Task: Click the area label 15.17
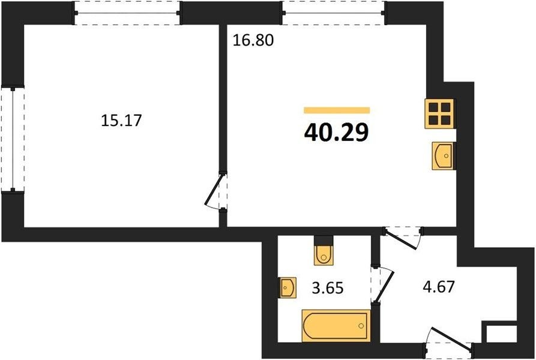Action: pos(121,120)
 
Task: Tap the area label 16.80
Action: pos(253,40)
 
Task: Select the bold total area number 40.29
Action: pos(336,132)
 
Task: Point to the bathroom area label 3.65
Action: pos(328,287)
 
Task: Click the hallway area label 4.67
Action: pos(439,287)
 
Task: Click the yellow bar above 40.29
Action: pos(337,110)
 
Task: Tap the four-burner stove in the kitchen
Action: pos(439,114)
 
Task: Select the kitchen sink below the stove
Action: pos(444,156)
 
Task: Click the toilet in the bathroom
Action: pos(323,251)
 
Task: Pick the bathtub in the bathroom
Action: pos(336,326)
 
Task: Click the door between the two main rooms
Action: pos(216,191)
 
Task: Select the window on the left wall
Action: pos(13,139)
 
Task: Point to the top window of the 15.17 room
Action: pos(127,13)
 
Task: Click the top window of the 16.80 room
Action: pos(334,13)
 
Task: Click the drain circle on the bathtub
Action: pos(361,326)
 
